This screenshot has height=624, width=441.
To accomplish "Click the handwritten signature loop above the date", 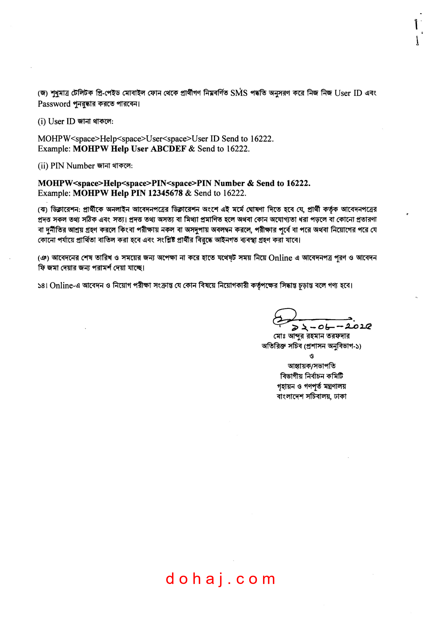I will (285, 316).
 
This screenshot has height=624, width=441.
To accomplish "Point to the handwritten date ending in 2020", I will (331, 326).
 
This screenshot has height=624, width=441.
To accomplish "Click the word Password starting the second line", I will (54, 104).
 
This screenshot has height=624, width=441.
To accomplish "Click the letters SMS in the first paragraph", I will (239, 93).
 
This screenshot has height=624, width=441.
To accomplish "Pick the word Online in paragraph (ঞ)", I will (280, 258).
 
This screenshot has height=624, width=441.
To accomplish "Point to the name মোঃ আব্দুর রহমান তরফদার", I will (311, 336).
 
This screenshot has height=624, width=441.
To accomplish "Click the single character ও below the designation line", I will (311, 356).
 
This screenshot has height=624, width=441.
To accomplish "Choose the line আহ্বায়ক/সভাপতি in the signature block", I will (311, 366).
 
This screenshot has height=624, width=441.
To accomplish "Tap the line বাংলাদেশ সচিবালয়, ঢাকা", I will (311, 396).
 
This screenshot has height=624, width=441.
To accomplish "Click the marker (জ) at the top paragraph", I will (43, 93).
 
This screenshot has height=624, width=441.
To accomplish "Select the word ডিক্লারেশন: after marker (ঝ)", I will (65, 210).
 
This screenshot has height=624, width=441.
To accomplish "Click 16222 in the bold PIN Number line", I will (298, 183).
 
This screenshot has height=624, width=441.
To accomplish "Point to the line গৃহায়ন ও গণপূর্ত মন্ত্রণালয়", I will (311, 386).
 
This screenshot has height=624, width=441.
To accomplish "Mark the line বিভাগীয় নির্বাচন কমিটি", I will (311, 376).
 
